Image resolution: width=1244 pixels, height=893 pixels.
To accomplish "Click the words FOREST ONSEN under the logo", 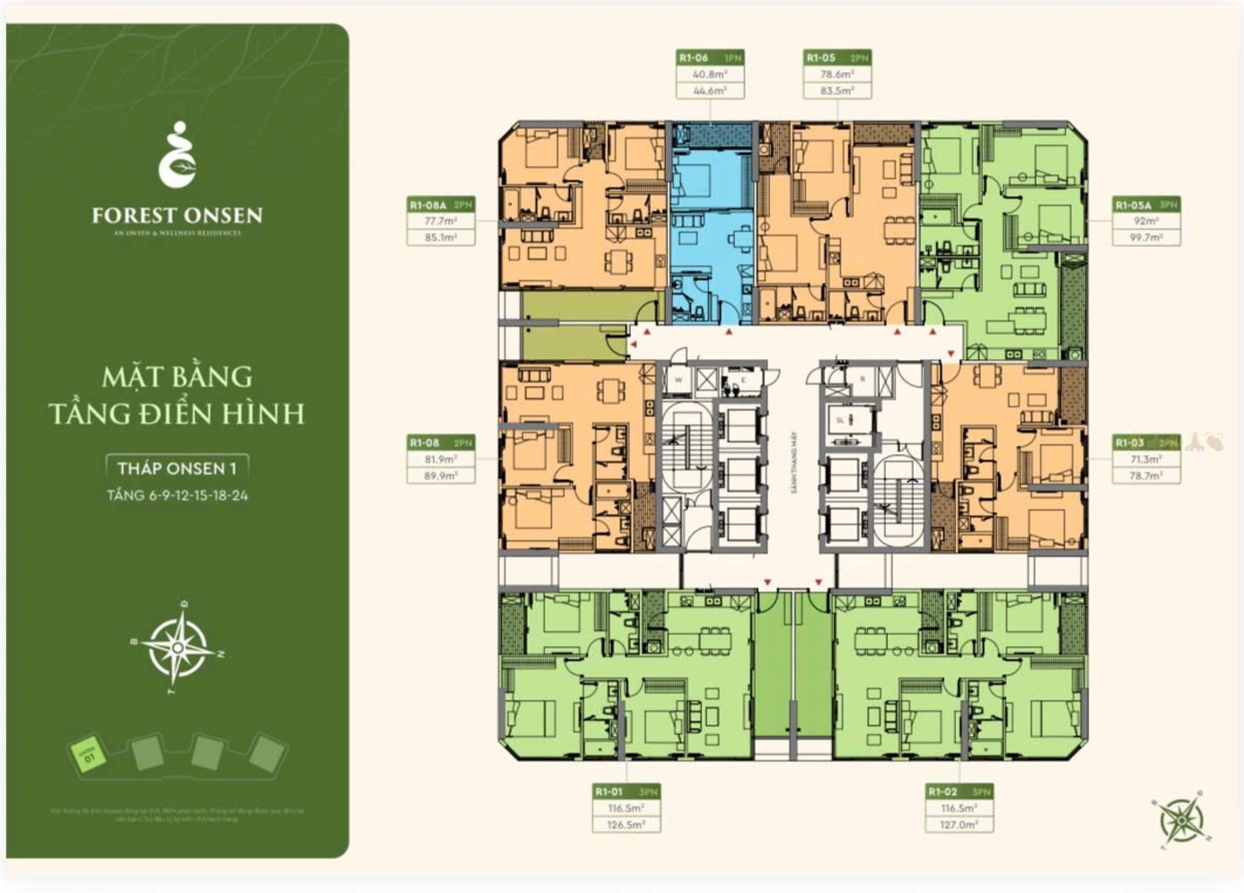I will click(177, 215).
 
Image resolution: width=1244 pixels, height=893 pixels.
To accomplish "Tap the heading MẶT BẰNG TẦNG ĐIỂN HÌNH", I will click(177, 395).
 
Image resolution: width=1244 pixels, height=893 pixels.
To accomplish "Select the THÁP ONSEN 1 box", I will click(177, 468).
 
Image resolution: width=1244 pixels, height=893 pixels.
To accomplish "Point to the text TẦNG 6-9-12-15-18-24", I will click(177, 495).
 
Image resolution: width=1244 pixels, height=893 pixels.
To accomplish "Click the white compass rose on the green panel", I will click(179, 647).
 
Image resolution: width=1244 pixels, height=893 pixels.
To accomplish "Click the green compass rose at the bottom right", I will click(1180, 819).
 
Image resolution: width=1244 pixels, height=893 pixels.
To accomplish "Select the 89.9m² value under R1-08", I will click(440, 476).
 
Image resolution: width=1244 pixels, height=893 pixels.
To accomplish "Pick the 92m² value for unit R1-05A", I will click(1145, 221).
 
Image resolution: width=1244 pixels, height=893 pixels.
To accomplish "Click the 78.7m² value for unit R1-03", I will click(1145, 476).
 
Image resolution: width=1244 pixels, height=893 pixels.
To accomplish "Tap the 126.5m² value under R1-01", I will click(626, 824).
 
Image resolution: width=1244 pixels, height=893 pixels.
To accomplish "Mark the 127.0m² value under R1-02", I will click(959, 824).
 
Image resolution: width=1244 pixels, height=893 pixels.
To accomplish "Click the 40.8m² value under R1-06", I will click(709, 74).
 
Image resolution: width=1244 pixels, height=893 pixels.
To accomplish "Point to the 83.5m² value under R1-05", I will click(837, 91).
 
